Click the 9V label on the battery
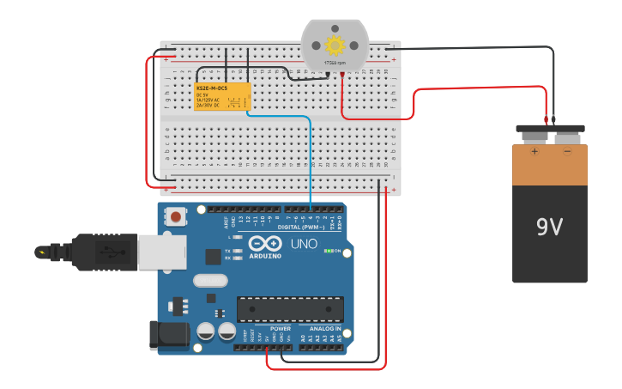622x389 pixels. click(x=549, y=227)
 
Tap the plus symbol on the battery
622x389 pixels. click(x=534, y=152)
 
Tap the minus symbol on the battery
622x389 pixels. click(x=567, y=152)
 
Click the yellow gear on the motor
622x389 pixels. click(x=335, y=45)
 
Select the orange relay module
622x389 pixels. click(x=223, y=96)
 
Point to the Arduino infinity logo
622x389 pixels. click(x=266, y=243)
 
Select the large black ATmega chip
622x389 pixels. click(x=290, y=309)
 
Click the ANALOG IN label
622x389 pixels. click(x=325, y=329)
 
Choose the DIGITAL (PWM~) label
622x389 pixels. click(x=301, y=227)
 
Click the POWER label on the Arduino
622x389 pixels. click(x=281, y=329)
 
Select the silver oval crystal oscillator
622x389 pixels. click(x=210, y=280)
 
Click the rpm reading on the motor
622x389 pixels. click(x=335, y=63)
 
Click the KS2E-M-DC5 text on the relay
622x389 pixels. click(x=211, y=88)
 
